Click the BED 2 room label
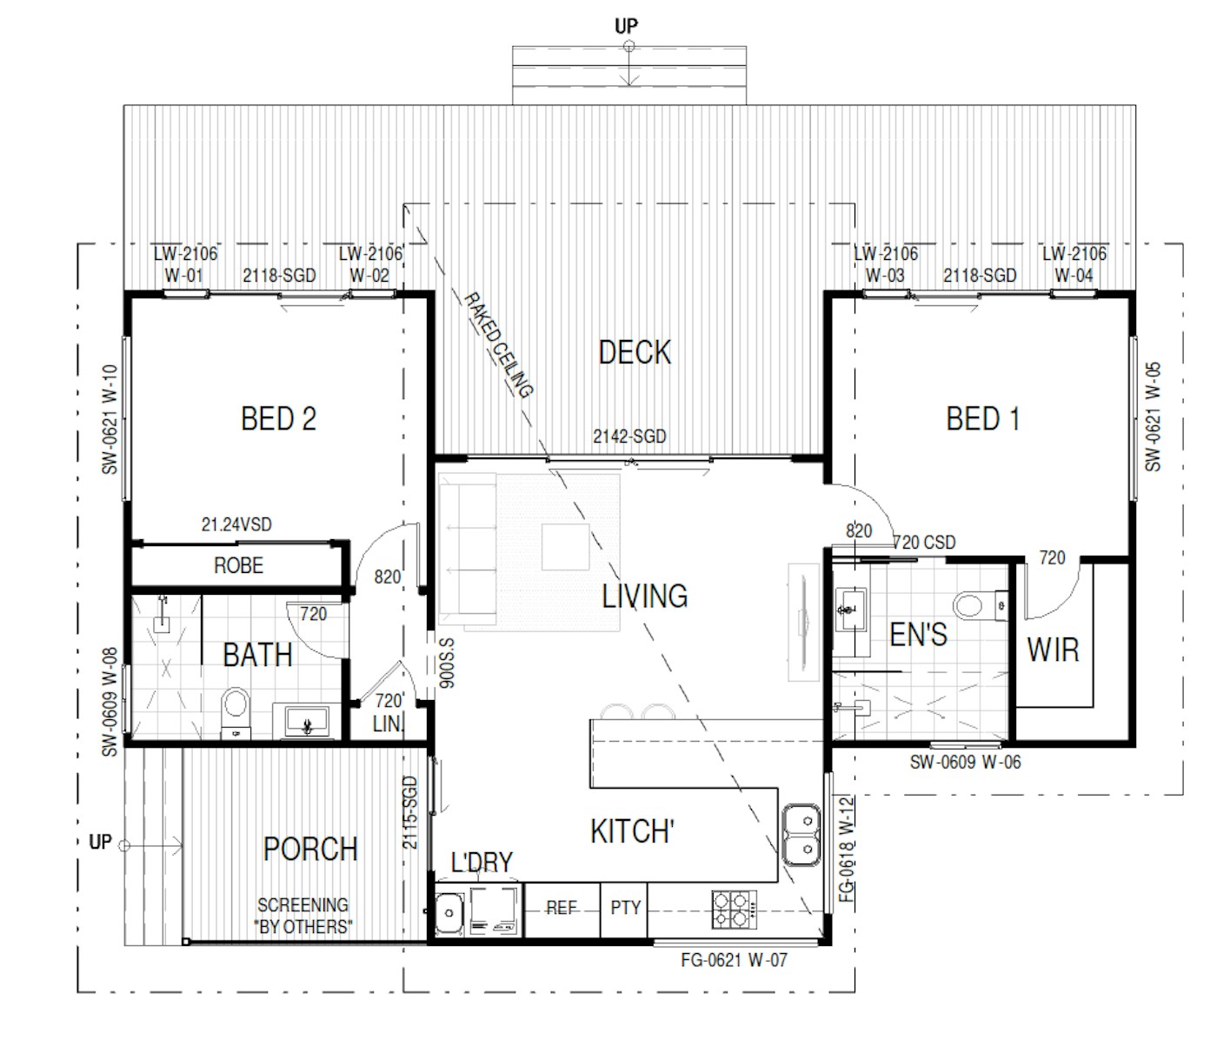pyautogui.click(x=278, y=419)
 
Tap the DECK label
pyautogui.click(x=635, y=352)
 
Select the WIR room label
pyautogui.click(x=1053, y=650)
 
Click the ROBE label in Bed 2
pyautogui.click(x=238, y=566)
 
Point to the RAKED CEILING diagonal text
pyautogui.click(x=496, y=344)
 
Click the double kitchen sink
pyautogui.click(x=801, y=835)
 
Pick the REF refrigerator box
pyautogui.click(x=562, y=909)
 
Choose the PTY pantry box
pyautogui.click(x=625, y=909)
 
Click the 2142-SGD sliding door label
pyautogui.click(x=629, y=437)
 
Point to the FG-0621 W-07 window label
pyautogui.click(x=734, y=961)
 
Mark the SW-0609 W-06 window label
pyautogui.click(x=965, y=763)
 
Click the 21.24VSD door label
pyautogui.click(x=236, y=525)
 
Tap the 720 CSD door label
pyautogui.click(x=924, y=543)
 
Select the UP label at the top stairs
pyautogui.click(x=626, y=27)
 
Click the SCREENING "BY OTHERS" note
pyautogui.click(x=303, y=916)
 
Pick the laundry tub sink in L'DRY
pyautogui.click(x=449, y=914)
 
